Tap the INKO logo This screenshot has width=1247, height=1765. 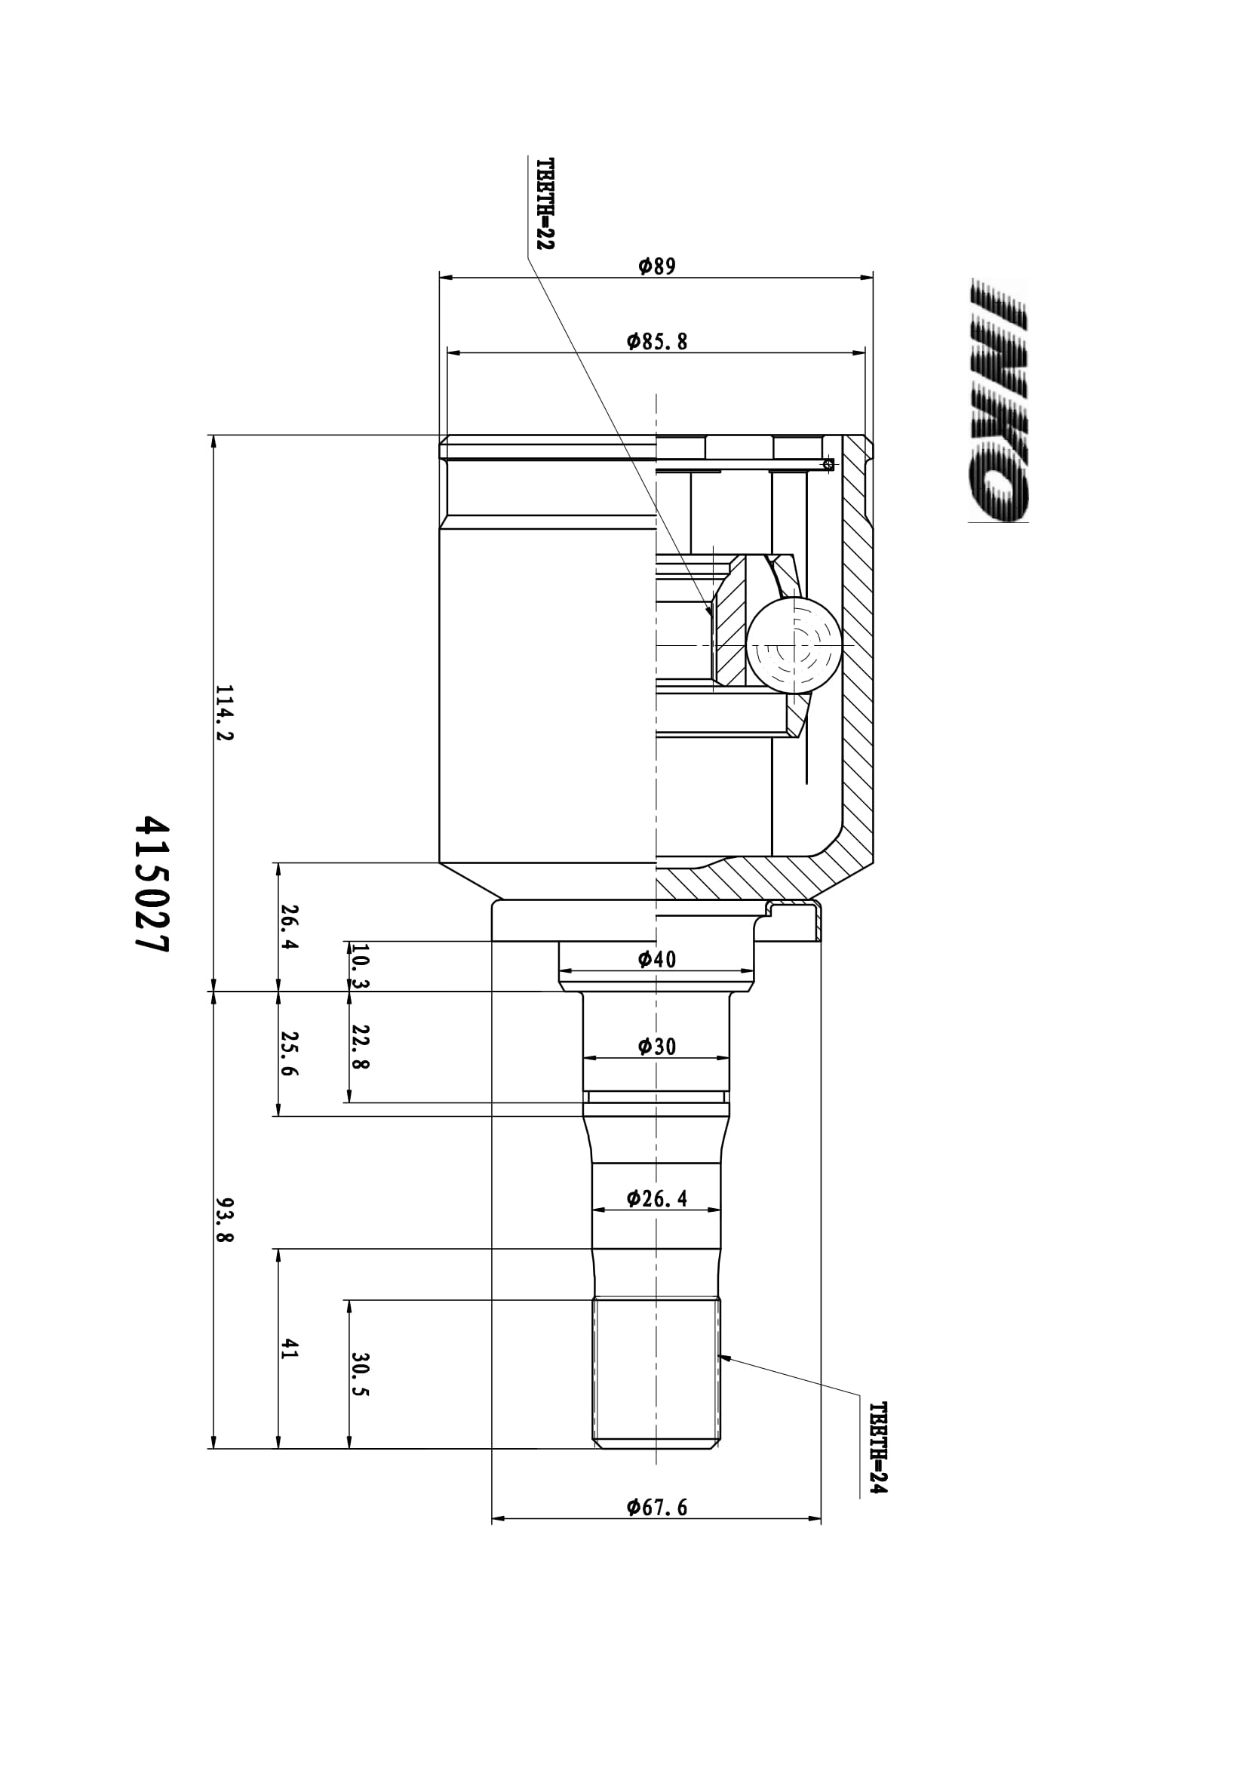click(x=999, y=400)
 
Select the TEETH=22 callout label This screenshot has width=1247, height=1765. click(x=545, y=204)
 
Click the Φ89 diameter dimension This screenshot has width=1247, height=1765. click(x=657, y=266)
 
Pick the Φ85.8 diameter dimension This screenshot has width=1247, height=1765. click(x=657, y=341)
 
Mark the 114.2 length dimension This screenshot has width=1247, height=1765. click(x=223, y=712)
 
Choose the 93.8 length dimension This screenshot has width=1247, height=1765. click(x=223, y=1219)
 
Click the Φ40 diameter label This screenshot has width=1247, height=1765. click(x=657, y=958)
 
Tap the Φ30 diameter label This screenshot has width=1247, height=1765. click(x=657, y=1045)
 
